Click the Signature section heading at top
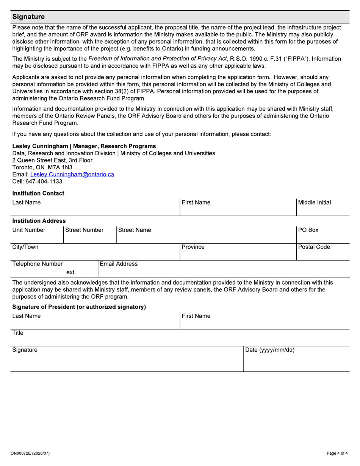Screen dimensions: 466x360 pos(28,17)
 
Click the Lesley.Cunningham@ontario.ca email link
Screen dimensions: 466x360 pos(72,174)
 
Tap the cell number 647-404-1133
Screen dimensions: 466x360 pos(44,181)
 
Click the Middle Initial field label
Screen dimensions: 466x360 pos(315,202)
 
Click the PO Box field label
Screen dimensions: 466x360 pos(308,230)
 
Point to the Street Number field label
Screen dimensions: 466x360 pos(85,230)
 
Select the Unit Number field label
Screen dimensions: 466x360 pos(29,230)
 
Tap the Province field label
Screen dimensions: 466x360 pos(193,247)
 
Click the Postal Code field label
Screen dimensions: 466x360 pos(314,247)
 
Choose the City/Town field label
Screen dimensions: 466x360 pos(25,247)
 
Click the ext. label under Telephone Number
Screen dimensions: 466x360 pos(71,272)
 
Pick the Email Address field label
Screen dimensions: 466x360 pos(119,264)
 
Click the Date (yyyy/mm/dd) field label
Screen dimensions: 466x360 pos(270,350)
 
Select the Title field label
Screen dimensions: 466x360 pos(18,333)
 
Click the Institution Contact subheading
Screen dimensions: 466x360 pos(38,193)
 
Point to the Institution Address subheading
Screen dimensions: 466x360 pos(39,220)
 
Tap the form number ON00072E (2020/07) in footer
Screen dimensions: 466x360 pos(31,453)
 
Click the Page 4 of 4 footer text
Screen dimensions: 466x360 pos(337,453)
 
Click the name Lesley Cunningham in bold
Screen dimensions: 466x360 pos(40,146)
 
